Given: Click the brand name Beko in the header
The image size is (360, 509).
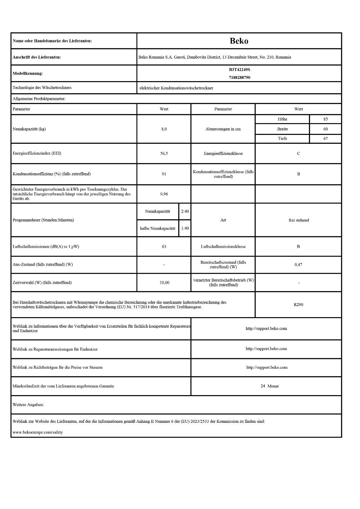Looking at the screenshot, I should click(x=239, y=41).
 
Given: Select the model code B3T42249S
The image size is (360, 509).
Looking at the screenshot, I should click(x=239, y=69).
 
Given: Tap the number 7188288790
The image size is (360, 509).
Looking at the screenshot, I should click(x=239, y=77).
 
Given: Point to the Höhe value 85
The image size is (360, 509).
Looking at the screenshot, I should click(x=325, y=119).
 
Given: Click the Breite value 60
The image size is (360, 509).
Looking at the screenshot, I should click(x=325, y=129).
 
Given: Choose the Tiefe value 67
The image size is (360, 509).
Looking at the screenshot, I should click(x=325, y=138).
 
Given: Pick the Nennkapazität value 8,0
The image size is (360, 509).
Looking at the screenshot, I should click(x=164, y=129).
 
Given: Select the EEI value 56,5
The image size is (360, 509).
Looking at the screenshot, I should click(x=164, y=153).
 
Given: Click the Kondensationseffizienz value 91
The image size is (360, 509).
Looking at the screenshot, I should click(x=164, y=174).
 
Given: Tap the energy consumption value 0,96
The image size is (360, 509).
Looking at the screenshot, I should click(x=164, y=193).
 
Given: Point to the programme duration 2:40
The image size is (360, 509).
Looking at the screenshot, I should click(x=185, y=211).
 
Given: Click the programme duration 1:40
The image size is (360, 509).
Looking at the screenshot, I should click(x=185, y=228).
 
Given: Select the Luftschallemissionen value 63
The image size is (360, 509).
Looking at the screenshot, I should click(x=164, y=247).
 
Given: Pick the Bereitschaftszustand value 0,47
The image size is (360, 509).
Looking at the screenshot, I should click(x=298, y=264).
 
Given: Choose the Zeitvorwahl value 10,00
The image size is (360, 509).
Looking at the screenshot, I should click(x=164, y=282).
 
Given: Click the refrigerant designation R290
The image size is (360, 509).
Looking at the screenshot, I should click(x=298, y=304).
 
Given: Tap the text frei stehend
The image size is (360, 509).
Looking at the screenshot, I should click(x=299, y=220).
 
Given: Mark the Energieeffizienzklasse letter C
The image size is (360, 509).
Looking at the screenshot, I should click(x=298, y=153).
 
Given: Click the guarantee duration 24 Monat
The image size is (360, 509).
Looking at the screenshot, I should click(x=270, y=386).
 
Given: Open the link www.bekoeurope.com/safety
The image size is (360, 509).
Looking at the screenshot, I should click(x=38, y=432).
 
